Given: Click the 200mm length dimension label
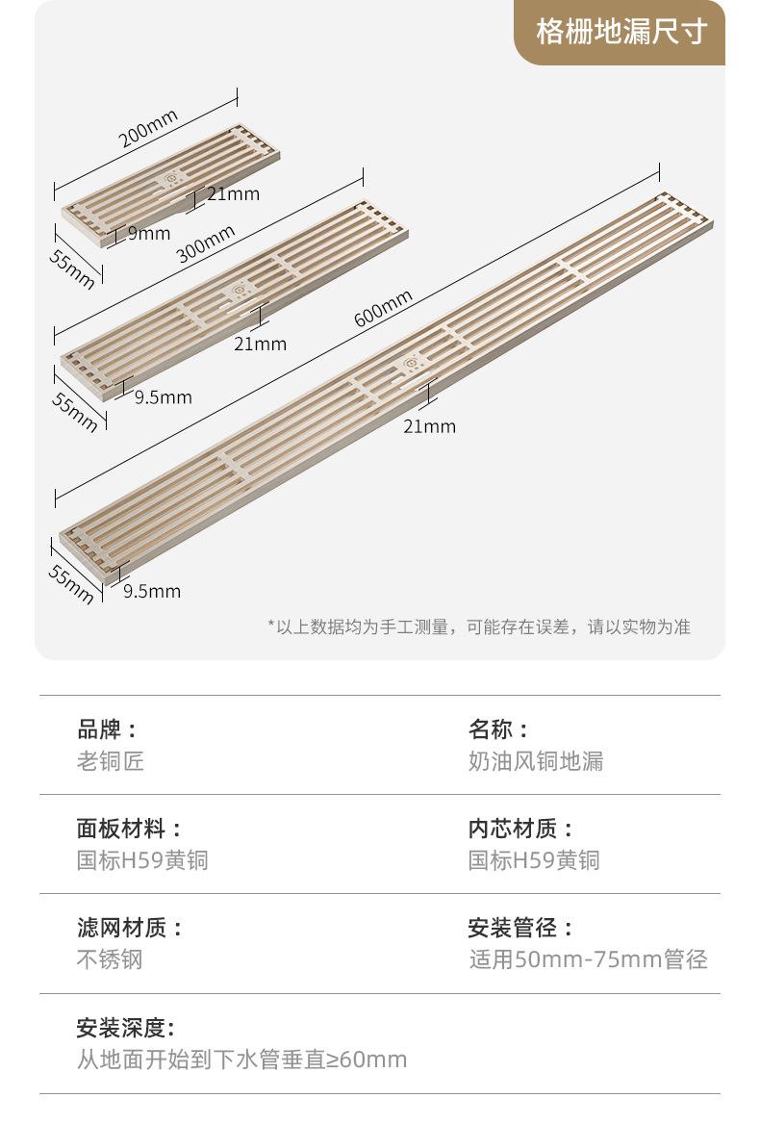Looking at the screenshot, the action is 148,130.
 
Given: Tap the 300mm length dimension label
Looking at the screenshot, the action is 206,243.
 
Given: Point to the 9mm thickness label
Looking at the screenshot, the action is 149,233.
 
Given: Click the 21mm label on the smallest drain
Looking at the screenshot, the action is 234,193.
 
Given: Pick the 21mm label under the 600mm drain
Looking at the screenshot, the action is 429,425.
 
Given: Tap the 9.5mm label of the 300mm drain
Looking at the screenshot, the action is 163,396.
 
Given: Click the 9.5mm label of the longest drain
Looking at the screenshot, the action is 152,591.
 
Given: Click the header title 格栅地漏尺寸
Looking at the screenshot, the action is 621,31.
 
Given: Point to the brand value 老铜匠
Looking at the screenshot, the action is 111,761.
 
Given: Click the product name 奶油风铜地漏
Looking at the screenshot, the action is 536,761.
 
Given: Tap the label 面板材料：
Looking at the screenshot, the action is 130,828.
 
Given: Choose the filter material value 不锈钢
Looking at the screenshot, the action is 110,959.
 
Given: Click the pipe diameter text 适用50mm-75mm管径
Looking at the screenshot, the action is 588,959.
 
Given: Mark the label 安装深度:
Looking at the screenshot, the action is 126,1028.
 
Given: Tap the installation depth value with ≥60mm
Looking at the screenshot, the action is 242,1060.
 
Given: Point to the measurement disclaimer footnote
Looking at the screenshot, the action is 479,627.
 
